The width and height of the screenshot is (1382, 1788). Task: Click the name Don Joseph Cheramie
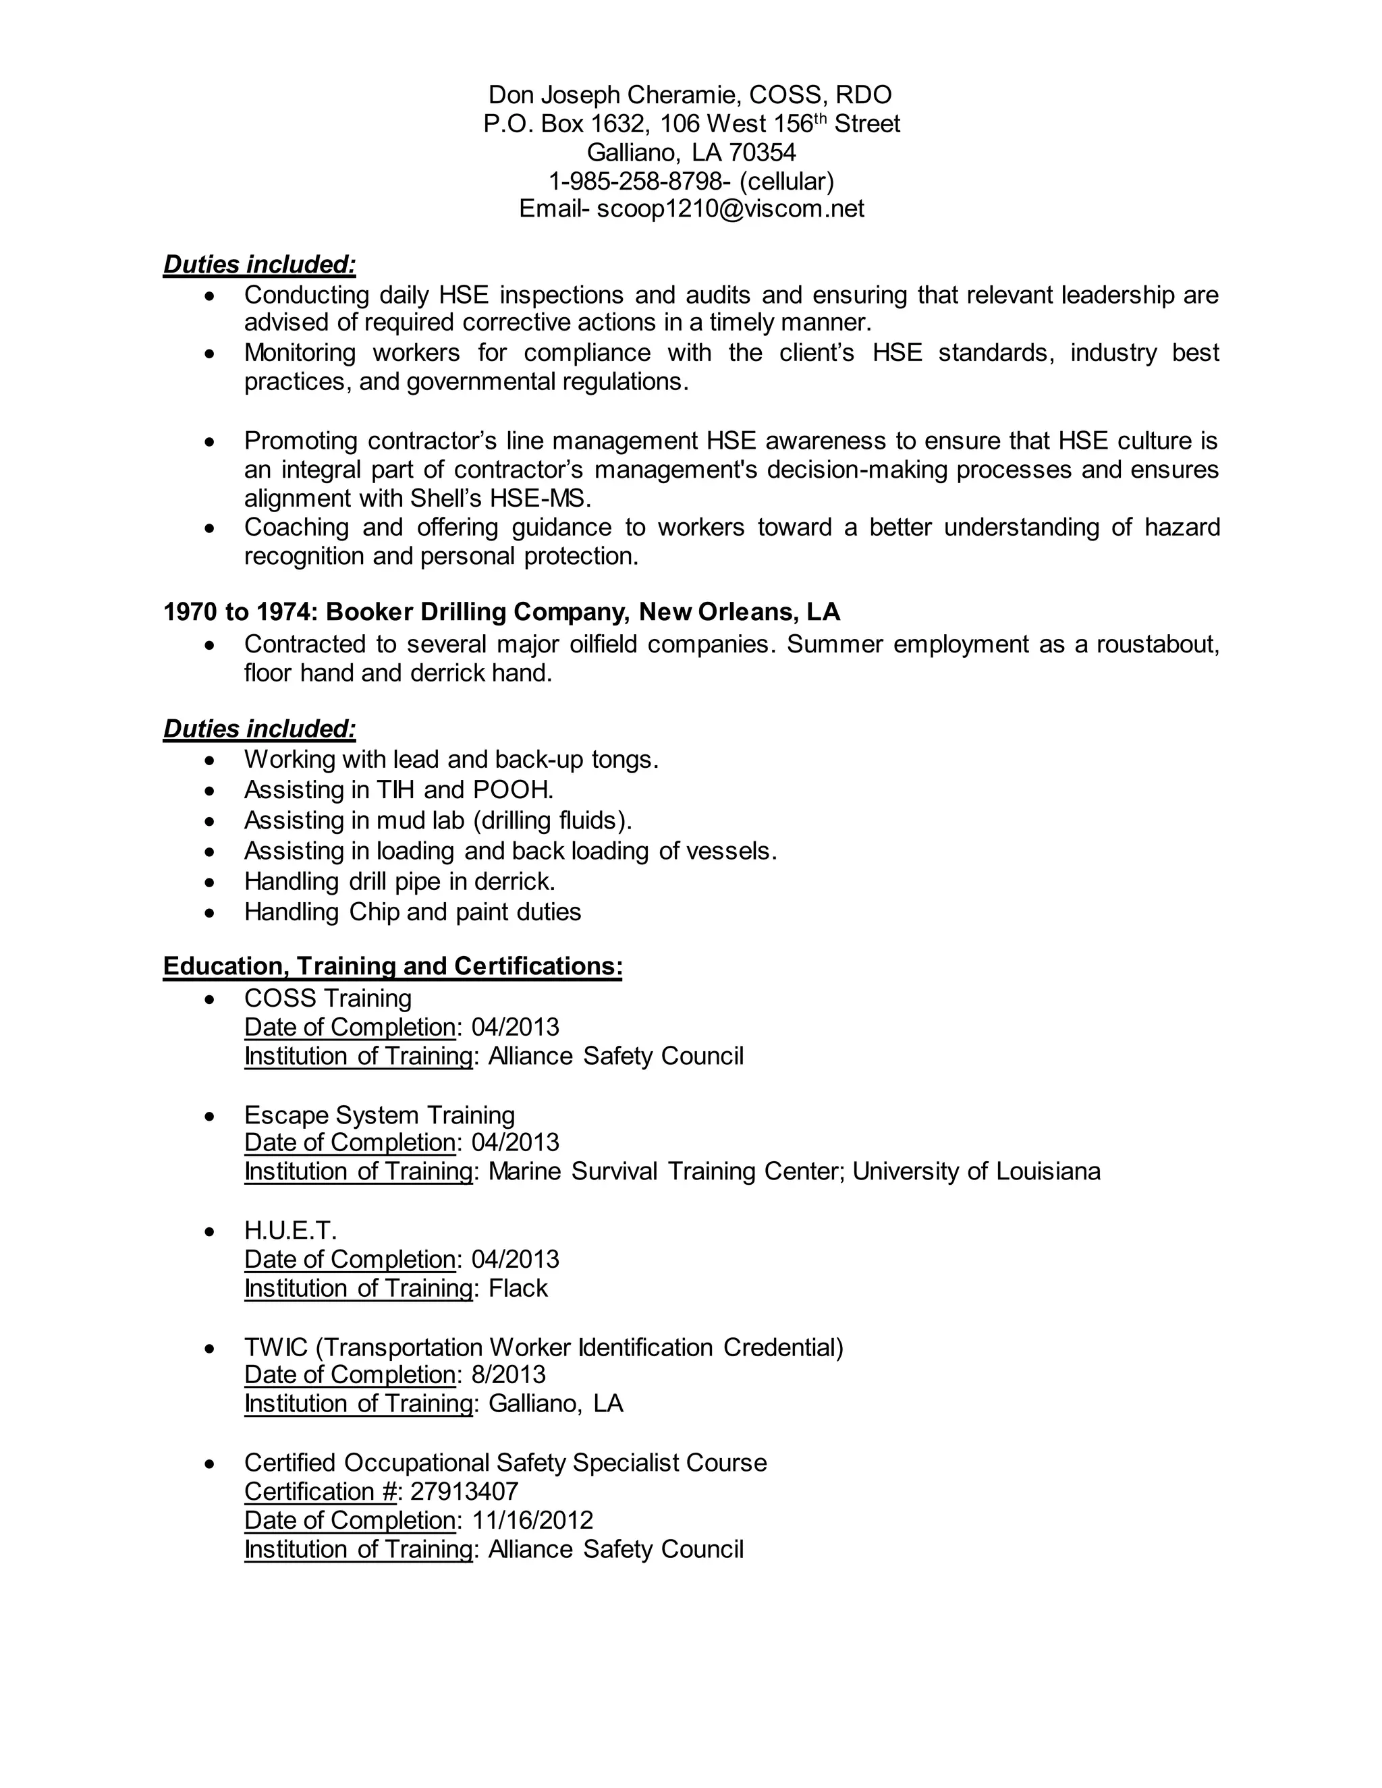tap(614, 95)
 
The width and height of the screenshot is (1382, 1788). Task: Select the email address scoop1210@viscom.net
tap(729, 208)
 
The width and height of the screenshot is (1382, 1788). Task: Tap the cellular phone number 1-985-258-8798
tap(634, 181)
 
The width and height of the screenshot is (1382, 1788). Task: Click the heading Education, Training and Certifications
tap(392, 966)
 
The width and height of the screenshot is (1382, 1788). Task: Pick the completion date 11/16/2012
tap(532, 1520)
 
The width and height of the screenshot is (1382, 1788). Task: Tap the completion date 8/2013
tap(507, 1374)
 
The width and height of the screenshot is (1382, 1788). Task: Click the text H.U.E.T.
tap(289, 1231)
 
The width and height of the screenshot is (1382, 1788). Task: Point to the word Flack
tap(518, 1288)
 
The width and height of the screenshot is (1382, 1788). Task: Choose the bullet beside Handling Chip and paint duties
tap(211, 912)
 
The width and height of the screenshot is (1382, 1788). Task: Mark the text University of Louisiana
tap(976, 1171)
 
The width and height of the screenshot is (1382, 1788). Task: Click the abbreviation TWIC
tap(275, 1347)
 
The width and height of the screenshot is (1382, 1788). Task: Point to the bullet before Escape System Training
tap(211, 1116)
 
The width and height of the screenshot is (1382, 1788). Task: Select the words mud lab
tap(420, 820)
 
